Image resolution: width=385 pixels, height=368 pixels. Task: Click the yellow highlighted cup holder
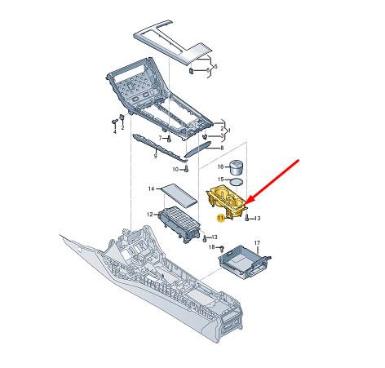pos(227,201)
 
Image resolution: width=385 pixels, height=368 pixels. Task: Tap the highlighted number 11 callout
pos(220,218)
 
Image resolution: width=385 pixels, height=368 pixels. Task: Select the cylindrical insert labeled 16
pos(236,167)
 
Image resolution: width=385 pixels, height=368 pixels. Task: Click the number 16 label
pos(220,166)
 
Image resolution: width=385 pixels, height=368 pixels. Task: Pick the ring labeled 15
pos(237,181)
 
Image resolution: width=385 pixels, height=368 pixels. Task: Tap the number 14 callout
pos(151,188)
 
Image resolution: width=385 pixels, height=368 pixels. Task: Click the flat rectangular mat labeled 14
pos(179,195)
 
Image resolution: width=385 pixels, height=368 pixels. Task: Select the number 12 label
pos(150,215)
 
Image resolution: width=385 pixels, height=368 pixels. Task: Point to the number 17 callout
pos(257,242)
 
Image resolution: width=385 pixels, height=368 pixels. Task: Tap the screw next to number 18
pos(222,248)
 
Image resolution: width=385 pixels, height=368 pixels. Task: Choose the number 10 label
pos(175,170)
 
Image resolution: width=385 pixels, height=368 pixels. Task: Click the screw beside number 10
pos(187,169)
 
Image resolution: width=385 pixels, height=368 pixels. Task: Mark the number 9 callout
pos(155,156)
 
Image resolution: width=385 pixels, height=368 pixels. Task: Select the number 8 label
pos(222,148)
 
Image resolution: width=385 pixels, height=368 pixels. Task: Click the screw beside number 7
pos(169,139)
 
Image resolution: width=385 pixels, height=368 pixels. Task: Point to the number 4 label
pos(114,131)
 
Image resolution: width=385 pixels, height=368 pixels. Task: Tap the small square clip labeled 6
pos(192,71)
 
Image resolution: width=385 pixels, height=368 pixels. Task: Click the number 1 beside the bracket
pos(229,131)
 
